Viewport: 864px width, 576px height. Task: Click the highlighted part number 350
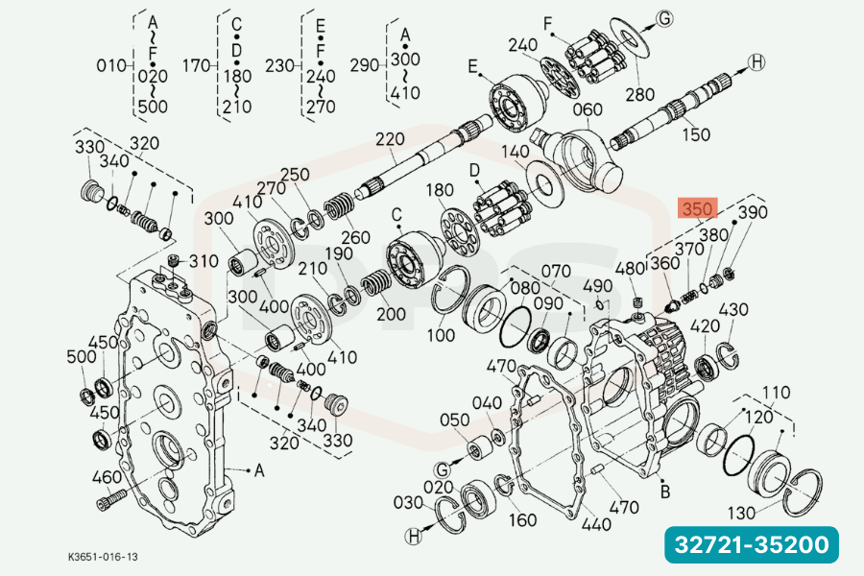(x=698, y=209)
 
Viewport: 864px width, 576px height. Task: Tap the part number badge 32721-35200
(x=752, y=544)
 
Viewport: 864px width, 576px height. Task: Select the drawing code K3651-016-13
(x=103, y=557)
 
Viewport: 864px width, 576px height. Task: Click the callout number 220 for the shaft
(x=390, y=139)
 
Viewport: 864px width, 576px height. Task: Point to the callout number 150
(x=696, y=134)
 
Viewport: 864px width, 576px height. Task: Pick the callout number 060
(x=588, y=109)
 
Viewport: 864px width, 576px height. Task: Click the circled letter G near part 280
(x=665, y=19)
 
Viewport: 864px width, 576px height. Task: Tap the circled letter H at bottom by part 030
(x=414, y=536)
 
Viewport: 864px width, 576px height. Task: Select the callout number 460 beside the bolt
(x=107, y=477)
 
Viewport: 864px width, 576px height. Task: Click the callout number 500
(x=82, y=356)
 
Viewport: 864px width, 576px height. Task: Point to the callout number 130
(x=741, y=514)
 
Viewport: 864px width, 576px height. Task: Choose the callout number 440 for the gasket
(x=596, y=523)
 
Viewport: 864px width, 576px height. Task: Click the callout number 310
(x=204, y=261)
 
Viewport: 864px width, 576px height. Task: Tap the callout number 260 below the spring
(x=355, y=237)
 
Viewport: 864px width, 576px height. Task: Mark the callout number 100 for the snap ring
(x=441, y=335)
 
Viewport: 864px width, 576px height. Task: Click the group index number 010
(x=111, y=65)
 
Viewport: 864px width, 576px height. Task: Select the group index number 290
(x=365, y=65)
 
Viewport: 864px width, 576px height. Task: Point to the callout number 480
(x=630, y=269)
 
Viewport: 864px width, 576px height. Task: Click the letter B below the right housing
(x=665, y=492)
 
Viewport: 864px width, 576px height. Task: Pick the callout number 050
(x=455, y=420)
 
